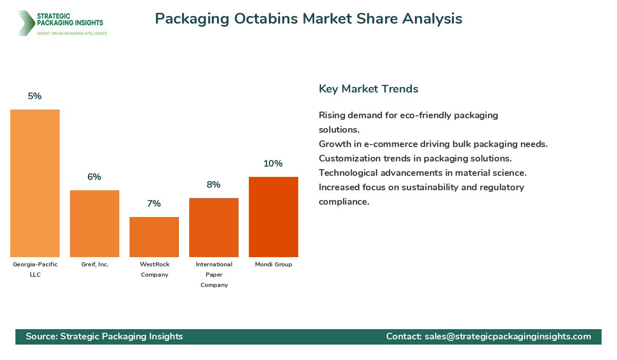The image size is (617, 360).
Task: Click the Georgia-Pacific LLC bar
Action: pyautogui.click(x=35, y=183)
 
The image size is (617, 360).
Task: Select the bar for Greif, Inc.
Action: pyautogui.click(x=95, y=224)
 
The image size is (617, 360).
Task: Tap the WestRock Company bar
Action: pyautogui.click(x=154, y=237)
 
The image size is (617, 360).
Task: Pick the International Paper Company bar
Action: pyautogui.click(x=214, y=227)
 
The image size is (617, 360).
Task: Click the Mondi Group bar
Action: pyautogui.click(x=274, y=217)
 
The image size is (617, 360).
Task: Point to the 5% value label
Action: pyautogui.click(x=35, y=96)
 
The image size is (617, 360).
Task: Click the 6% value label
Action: pyautogui.click(x=95, y=177)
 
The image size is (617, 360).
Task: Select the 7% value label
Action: pyautogui.click(x=154, y=204)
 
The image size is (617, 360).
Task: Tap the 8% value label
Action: pyautogui.click(x=214, y=185)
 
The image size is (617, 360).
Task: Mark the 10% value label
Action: pyautogui.click(x=274, y=164)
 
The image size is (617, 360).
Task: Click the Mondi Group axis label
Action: pyautogui.click(x=274, y=264)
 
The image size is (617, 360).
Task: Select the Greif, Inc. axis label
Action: pyautogui.click(x=95, y=264)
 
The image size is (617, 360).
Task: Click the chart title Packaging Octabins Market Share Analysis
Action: pyautogui.click(x=308, y=19)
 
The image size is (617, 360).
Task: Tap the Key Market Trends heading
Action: pyautogui.click(x=369, y=88)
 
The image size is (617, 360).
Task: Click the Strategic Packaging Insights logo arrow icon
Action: pyautogui.click(x=25, y=23)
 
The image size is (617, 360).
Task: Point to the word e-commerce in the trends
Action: pyautogui.click(x=379, y=144)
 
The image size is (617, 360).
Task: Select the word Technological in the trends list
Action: pyautogui.click(x=348, y=173)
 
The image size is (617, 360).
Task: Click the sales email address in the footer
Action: pyautogui.click(x=507, y=336)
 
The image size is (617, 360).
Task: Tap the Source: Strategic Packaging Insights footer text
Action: pyautogui.click(x=104, y=336)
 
